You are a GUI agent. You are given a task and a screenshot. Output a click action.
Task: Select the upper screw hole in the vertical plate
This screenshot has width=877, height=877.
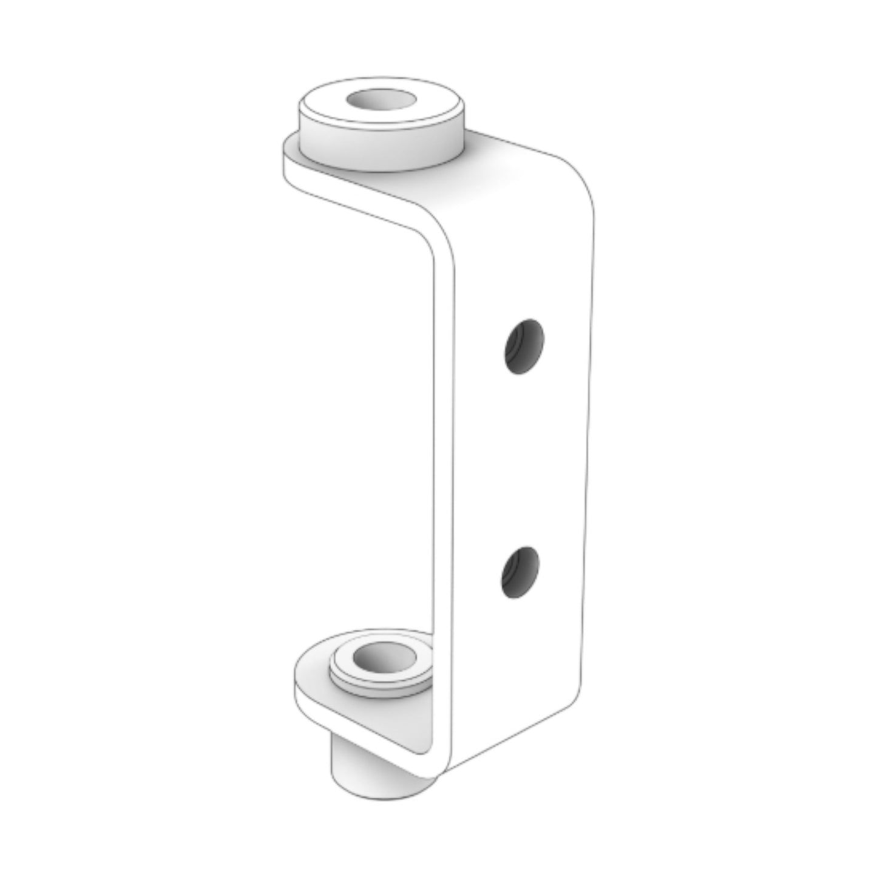coord(524,346)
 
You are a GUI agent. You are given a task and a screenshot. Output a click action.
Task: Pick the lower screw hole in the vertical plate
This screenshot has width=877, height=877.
coord(520,572)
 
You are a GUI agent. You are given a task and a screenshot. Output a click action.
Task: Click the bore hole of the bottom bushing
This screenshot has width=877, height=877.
coord(381,658)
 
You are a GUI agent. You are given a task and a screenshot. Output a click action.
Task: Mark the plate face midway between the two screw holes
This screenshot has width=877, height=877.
coord(522,459)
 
